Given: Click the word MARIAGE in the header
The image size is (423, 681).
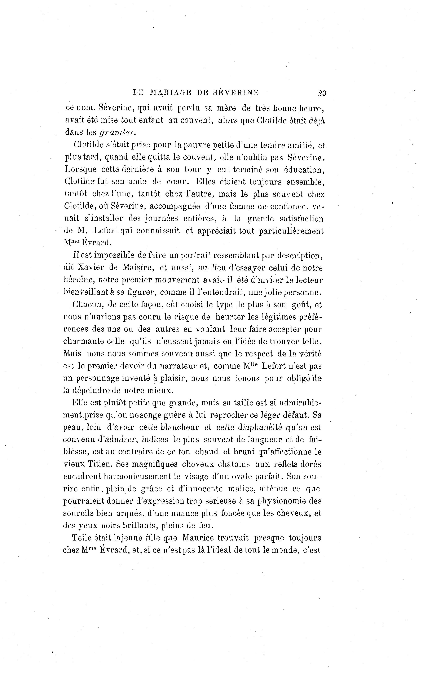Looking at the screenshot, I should pos(171,93).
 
